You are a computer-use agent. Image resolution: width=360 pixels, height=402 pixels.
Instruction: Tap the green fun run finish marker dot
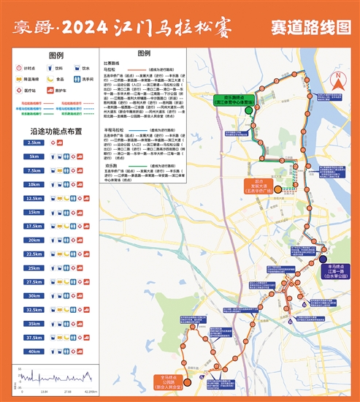pos(249,110)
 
